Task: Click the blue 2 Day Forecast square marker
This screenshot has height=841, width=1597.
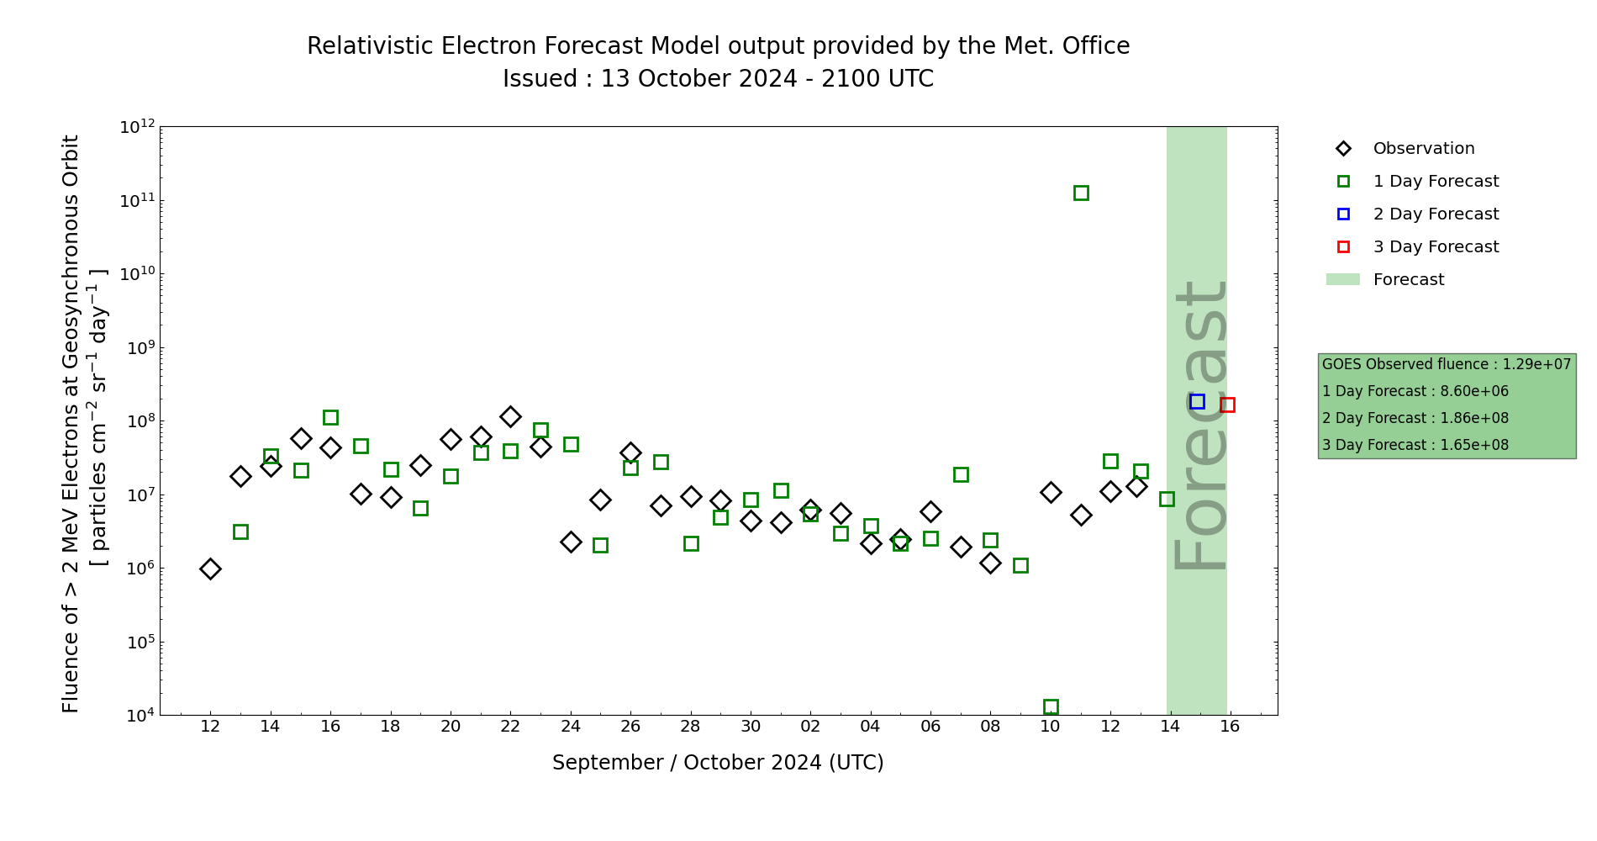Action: click(1197, 402)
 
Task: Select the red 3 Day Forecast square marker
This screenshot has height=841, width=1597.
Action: click(1227, 405)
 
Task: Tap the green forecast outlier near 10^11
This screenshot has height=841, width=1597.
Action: click(1081, 193)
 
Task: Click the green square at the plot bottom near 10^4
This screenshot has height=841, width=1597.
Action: click(1051, 707)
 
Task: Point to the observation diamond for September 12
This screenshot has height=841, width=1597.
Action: click(210, 569)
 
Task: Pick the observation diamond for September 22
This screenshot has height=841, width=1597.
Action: click(510, 417)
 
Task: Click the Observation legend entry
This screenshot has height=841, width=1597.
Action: click(1423, 149)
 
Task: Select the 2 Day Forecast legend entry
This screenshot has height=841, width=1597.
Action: click(1435, 214)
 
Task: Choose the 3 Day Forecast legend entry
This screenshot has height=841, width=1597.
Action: click(1435, 247)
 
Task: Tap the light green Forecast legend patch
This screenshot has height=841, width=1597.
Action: click(1342, 280)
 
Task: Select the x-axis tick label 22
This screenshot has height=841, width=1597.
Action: click(510, 727)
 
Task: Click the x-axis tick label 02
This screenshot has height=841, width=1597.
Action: click(810, 727)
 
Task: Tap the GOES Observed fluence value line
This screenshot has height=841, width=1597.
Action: click(1446, 365)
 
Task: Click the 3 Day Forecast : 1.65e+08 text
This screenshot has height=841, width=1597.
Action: click(1415, 446)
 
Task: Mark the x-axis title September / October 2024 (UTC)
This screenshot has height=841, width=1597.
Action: click(718, 763)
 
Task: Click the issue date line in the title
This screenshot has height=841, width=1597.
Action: click(718, 79)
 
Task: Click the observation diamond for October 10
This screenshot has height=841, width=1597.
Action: click(1051, 493)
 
